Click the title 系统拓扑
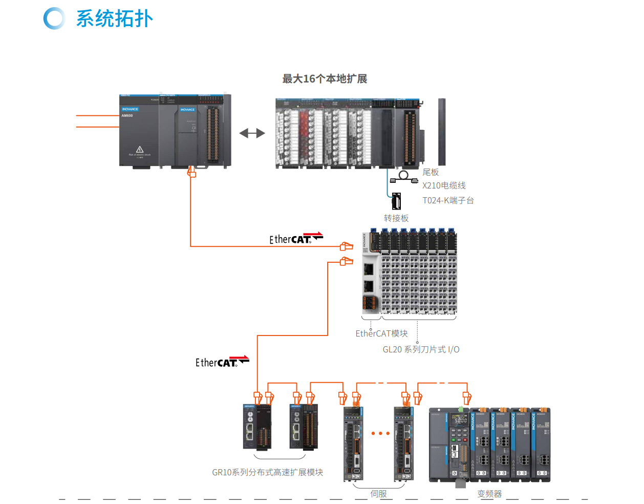click(x=114, y=19)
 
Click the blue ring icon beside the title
click(x=54, y=18)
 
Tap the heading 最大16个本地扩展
click(x=325, y=79)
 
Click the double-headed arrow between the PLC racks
click(x=252, y=133)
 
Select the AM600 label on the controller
click(x=127, y=116)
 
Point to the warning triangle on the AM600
click(x=139, y=149)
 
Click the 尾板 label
click(x=431, y=173)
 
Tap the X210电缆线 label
click(x=444, y=185)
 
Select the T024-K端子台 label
click(x=448, y=200)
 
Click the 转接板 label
click(x=396, y=218)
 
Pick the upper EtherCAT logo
click(x=296, y=238)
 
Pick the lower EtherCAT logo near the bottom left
click(x=222, y=362)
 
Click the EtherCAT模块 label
click(x=381, y=333)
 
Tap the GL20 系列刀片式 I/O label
click(x=421, y=349)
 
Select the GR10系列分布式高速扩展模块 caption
click(x=267, y=472)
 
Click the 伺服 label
click(x=378, y=494)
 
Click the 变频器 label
click(x=489, y=494)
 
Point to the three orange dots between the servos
click(x=380, y=433)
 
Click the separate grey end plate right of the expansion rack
click(x=442, y=132)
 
